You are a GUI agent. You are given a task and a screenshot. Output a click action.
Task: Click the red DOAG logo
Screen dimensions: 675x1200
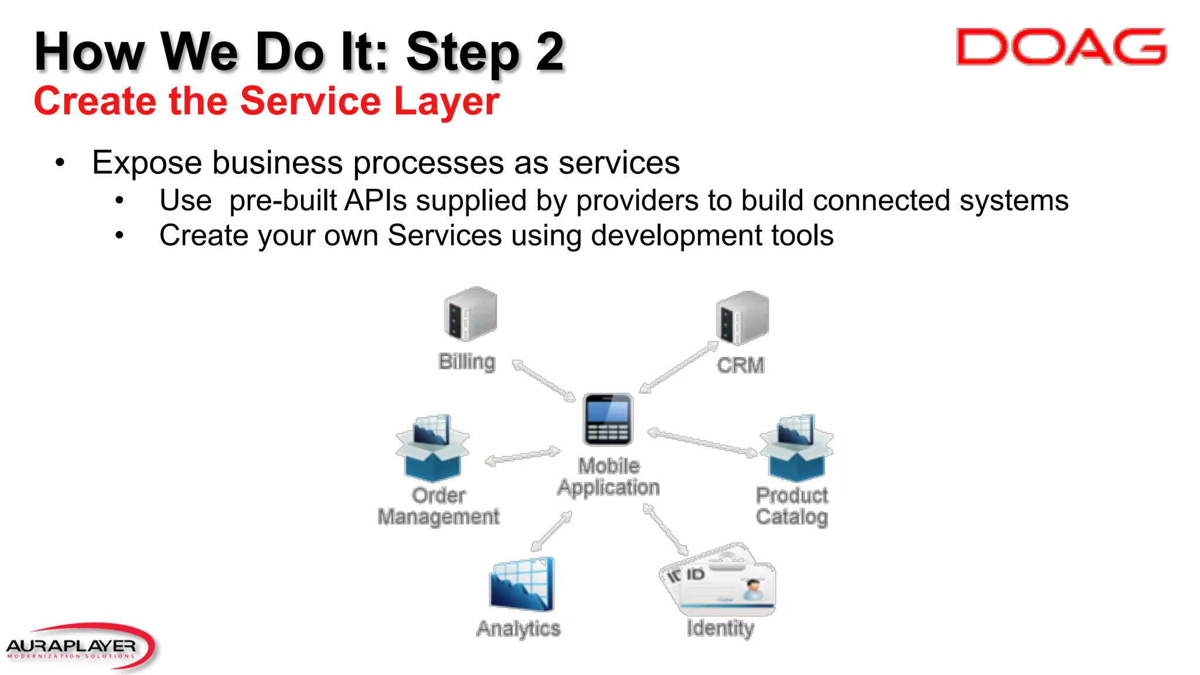pos(1061,47)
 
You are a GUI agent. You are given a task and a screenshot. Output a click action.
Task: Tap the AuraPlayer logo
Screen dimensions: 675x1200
pos(76,647)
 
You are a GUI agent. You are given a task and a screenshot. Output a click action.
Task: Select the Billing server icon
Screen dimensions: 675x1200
pos(471,314)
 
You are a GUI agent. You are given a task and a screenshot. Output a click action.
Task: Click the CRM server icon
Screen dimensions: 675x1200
pos(742,318)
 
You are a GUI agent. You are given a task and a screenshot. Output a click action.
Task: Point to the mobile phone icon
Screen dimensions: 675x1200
pos(608,420)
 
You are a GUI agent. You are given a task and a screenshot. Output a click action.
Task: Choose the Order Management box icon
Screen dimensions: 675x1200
pos(432,449)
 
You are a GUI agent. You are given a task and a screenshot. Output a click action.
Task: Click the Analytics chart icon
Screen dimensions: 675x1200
pos(521,584)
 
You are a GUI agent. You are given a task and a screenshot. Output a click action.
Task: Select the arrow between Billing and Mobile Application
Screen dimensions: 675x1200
pos(544,381)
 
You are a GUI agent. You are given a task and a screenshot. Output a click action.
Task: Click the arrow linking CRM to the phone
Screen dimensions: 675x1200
pos(679,367)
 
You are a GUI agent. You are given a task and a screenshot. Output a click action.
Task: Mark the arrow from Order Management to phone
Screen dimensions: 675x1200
pos(522,456)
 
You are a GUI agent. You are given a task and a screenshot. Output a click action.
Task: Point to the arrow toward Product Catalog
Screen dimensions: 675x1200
pos(702,443)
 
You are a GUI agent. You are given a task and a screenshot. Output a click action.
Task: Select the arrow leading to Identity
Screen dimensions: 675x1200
pos(666,530)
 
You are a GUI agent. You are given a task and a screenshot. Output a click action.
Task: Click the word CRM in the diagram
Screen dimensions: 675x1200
pos(741,366)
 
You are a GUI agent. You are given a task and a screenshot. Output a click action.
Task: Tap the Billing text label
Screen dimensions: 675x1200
pos(467,362)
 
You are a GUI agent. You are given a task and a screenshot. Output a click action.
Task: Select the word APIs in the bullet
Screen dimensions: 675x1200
pos(376,200)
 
